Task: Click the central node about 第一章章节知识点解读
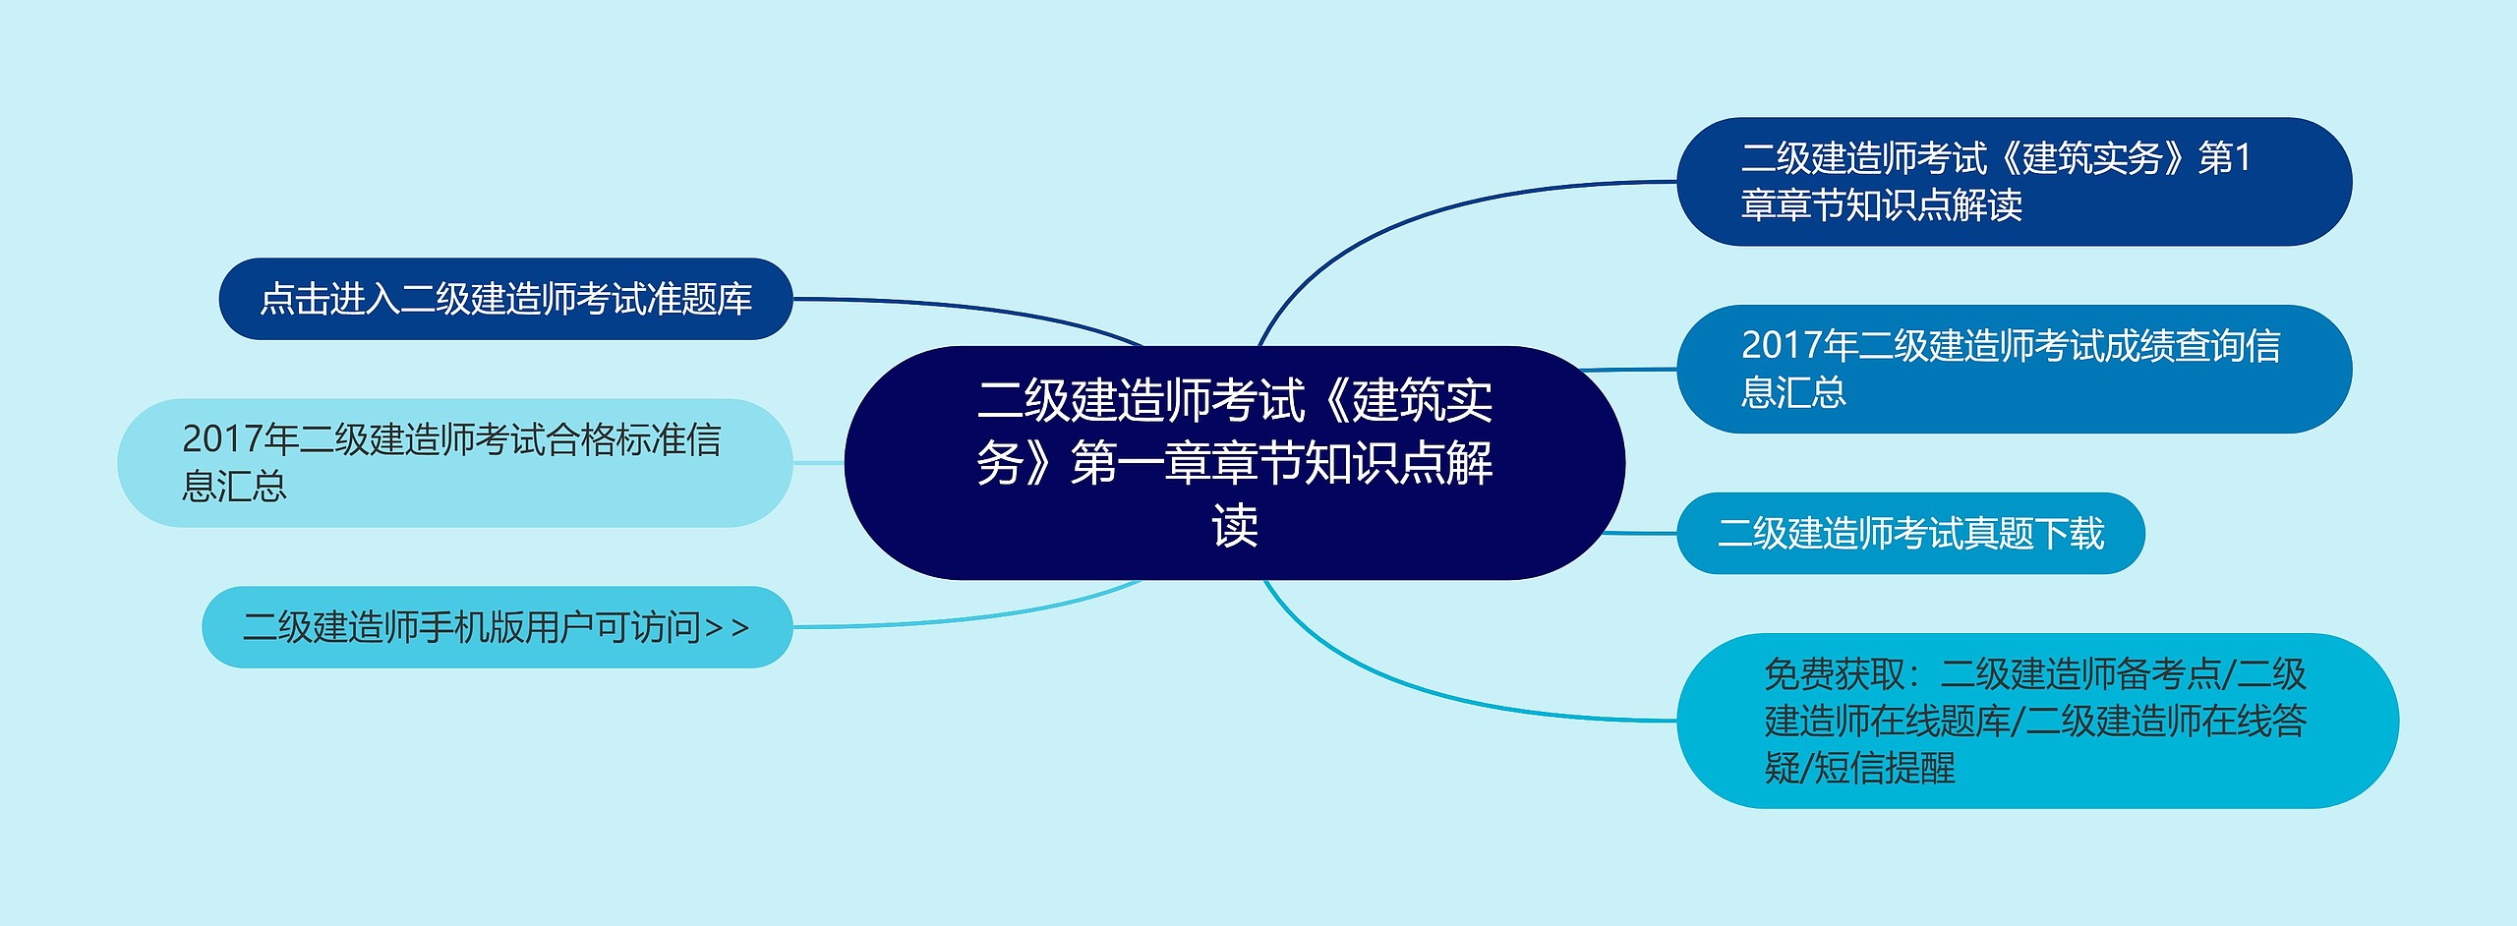(x=1234, y=462)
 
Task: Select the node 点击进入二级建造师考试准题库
(x=505, y=299)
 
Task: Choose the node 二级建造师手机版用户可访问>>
(x=497, y=627)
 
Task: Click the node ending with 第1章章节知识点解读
(x=2013, y=182)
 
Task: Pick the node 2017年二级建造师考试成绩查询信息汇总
(x=2013, y=369)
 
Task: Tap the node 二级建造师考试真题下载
(x=1909, y=533)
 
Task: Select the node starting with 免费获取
(x=2035, y=721)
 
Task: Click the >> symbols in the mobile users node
(x=727, y=627)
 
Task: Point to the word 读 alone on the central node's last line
(x=1235, y=526)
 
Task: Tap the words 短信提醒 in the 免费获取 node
(x=1883, y=768)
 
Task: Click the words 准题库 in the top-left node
(x=699, y=299)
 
